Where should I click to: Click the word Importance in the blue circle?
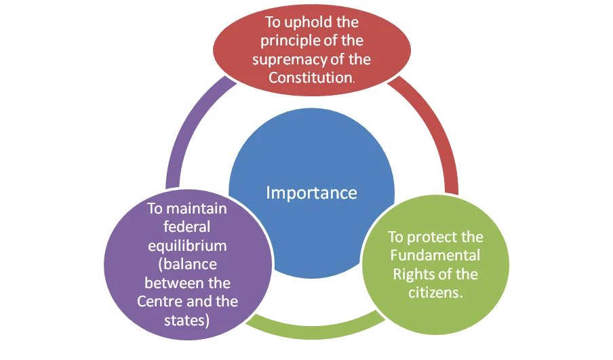(x=311, y=193)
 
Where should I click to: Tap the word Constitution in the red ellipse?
(x=311, y=77)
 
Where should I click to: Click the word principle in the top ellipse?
(x=290, y=41)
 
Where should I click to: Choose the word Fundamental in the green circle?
(x=435, y=255)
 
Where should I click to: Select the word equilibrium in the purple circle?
(x=187, y=246)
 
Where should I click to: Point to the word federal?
(x=187, y=226)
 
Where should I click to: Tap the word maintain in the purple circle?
(x=197, y=209)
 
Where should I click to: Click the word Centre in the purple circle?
(x=160, y=302)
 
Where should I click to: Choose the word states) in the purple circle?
(x=187, y=321)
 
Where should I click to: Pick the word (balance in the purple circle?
(x=188, y=264)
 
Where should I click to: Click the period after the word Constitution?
(x=354, y=83)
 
